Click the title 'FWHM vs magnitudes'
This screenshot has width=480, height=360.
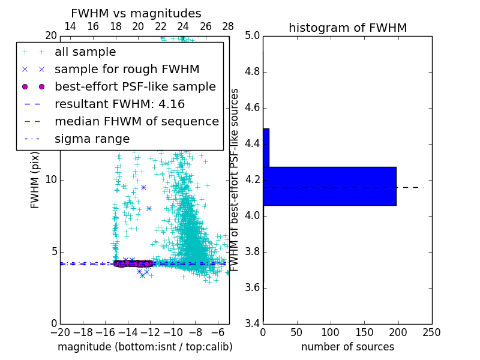coord(136,13)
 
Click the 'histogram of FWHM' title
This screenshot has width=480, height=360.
coord(347,28)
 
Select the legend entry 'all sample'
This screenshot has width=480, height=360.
coord(85,52)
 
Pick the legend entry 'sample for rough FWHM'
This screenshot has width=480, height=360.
coord(127,70)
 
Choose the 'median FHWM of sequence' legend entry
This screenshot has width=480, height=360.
coord(136,122)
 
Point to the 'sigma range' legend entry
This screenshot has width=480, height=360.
coord(92,139)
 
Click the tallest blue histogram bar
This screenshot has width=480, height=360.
coord(329,186)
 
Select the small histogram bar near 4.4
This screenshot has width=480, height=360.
coord(266,148)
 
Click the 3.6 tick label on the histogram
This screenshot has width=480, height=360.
coord(252,288)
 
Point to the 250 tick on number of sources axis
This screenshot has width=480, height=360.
coord(431,332)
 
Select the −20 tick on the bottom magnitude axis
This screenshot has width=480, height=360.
coord(60,332)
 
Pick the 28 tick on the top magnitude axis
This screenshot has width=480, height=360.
coord(228,27)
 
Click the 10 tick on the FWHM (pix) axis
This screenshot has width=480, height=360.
coord(51,180)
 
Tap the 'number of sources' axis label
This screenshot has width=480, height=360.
coord(347,347)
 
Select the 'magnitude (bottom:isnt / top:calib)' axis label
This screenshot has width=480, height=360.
coord(145,347)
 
